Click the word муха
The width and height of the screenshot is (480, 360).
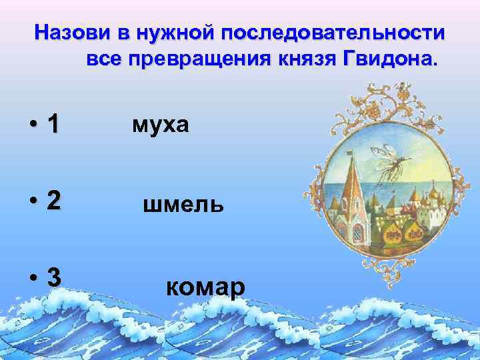coord(161,123)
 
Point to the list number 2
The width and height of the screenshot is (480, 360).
coord(53,202)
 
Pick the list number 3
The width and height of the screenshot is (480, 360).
coord(53,278)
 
